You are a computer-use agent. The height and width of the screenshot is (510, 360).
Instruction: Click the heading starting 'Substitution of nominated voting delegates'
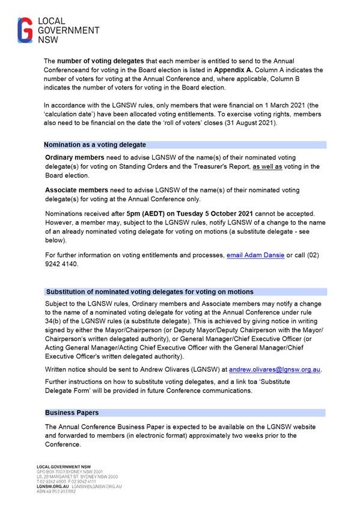coord(150,292)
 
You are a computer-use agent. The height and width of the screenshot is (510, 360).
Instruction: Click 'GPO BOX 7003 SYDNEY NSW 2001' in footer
coord(70,472)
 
